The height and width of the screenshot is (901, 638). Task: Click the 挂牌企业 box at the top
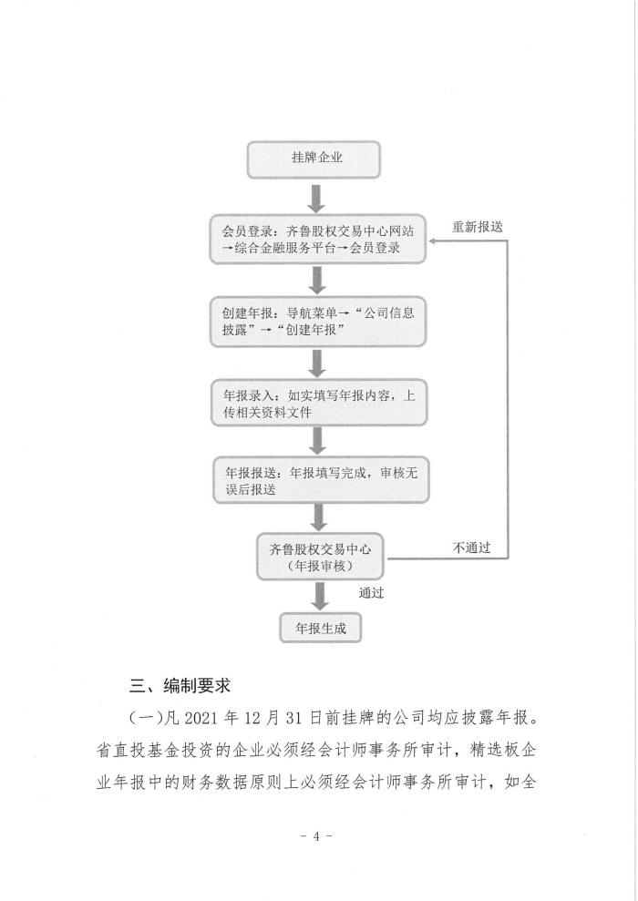[x=314, y=159]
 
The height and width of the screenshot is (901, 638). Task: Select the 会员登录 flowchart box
[x=318, y=240]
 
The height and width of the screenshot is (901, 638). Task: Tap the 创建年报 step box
[x=318, y=322]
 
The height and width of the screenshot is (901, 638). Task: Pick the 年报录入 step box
[x=320, y=403]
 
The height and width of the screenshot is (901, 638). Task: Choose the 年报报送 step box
[x=322, y=480]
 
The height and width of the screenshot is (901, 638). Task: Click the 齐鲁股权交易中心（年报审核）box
[x=320, y=557]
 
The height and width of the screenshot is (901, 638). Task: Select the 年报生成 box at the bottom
[x=321, y=628]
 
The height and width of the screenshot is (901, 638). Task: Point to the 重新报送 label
[x=477, y=227]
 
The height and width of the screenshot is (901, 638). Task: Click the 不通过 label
[x=471, y=548]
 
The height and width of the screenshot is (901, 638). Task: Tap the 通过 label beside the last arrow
[x=371, y=593]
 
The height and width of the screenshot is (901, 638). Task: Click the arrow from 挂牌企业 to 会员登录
[x=315, y=199]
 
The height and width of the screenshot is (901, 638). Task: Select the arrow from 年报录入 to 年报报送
[x=317, y=442]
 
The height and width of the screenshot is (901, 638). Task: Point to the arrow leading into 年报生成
[x=320, y=597]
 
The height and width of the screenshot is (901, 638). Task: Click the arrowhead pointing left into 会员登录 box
[x=432, y=241]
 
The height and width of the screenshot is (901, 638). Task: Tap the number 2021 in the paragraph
[x=201, y=718]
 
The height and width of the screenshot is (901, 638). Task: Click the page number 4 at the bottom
[x=315, y=836]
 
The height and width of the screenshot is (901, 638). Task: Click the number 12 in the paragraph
[x=252, y=718]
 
